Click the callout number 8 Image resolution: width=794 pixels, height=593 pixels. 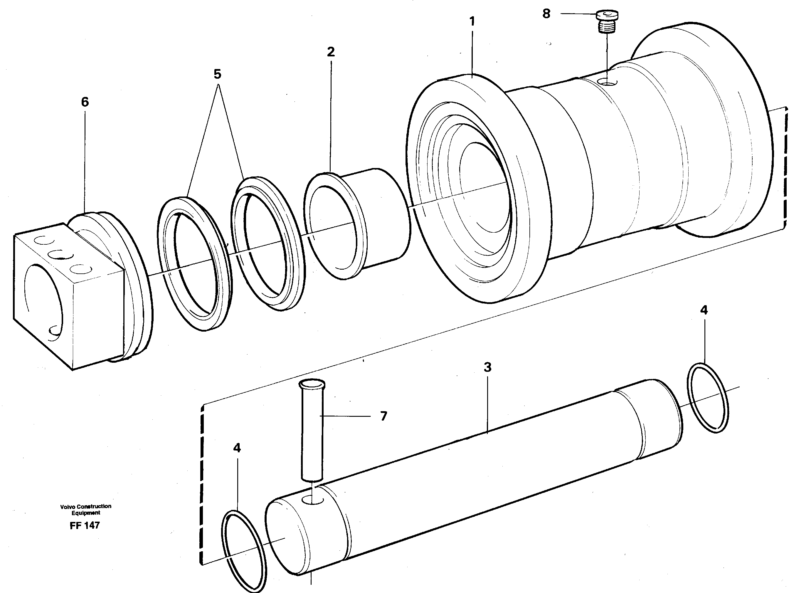pos(546,14)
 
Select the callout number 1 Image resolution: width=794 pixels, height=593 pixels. pos(472,21)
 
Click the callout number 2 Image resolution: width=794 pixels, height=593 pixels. pos(330,52)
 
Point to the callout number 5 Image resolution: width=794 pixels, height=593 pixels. pos(217,74)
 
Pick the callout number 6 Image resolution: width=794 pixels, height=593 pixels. pos(85,102)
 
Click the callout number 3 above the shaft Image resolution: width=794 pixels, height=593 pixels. pos(487,367)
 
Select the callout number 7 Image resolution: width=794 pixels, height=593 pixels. pos(383,416)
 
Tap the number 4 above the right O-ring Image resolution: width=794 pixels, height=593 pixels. pos(704,310)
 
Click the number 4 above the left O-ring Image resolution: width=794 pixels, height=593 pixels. pos(237,448)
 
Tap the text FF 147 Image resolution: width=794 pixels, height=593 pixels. pos(85,525)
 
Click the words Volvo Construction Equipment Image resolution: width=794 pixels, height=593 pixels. pos(86,509)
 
